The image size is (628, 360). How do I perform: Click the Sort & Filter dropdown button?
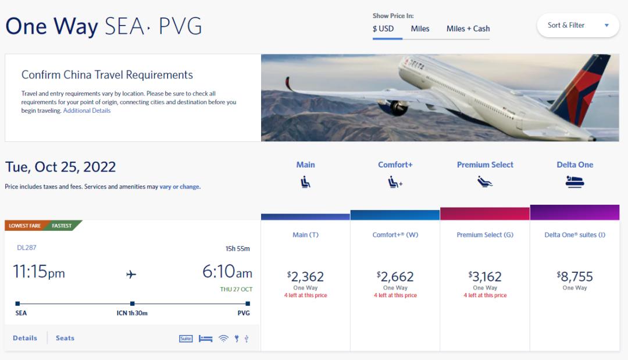577,26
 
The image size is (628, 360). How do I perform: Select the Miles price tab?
420,28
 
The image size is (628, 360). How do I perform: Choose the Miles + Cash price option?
468,28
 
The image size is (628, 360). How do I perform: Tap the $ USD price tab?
383,28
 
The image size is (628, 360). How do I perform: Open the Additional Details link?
87,111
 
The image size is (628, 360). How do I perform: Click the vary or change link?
180,187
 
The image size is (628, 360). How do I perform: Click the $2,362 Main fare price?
305,277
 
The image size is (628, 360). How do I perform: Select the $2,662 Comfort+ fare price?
395,277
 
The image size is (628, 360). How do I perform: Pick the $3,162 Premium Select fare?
485,277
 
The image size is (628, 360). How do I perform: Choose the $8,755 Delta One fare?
575,277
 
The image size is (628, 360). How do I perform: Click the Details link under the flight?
25,338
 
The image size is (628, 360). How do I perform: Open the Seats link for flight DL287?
65,338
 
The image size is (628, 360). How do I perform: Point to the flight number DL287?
27,248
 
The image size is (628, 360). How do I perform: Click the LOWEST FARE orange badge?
24,226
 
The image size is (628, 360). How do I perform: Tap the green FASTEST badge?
62,226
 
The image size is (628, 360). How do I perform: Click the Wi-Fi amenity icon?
223,338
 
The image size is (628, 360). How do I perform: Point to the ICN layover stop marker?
133,304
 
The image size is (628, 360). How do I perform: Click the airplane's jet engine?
394,108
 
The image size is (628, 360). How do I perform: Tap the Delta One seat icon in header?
575,182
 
